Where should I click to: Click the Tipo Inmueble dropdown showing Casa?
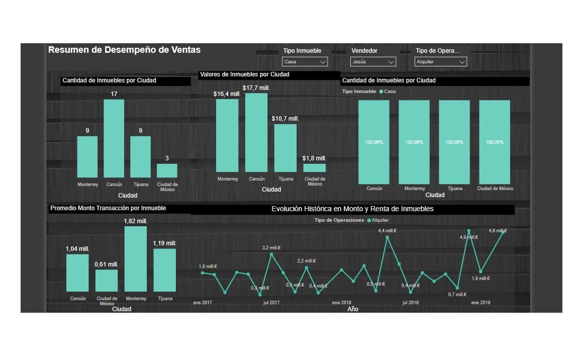305,62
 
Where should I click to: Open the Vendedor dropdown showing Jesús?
373,62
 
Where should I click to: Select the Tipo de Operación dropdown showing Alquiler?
441,62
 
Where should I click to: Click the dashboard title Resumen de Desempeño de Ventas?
124,50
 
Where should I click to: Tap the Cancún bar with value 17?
114,138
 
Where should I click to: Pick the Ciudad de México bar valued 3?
167,170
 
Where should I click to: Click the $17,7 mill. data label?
256,88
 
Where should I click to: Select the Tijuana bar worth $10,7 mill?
285,148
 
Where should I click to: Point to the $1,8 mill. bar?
315,168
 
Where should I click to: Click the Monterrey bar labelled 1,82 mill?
136,259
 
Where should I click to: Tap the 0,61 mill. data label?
107,264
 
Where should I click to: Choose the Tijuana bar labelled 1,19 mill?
165,270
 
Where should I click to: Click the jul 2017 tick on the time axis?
271,303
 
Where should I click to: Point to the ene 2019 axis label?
480,303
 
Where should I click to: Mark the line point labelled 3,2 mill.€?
271,254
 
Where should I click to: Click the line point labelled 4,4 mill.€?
388,237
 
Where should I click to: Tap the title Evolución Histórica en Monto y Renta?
352,209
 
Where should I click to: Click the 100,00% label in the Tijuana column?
454,142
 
